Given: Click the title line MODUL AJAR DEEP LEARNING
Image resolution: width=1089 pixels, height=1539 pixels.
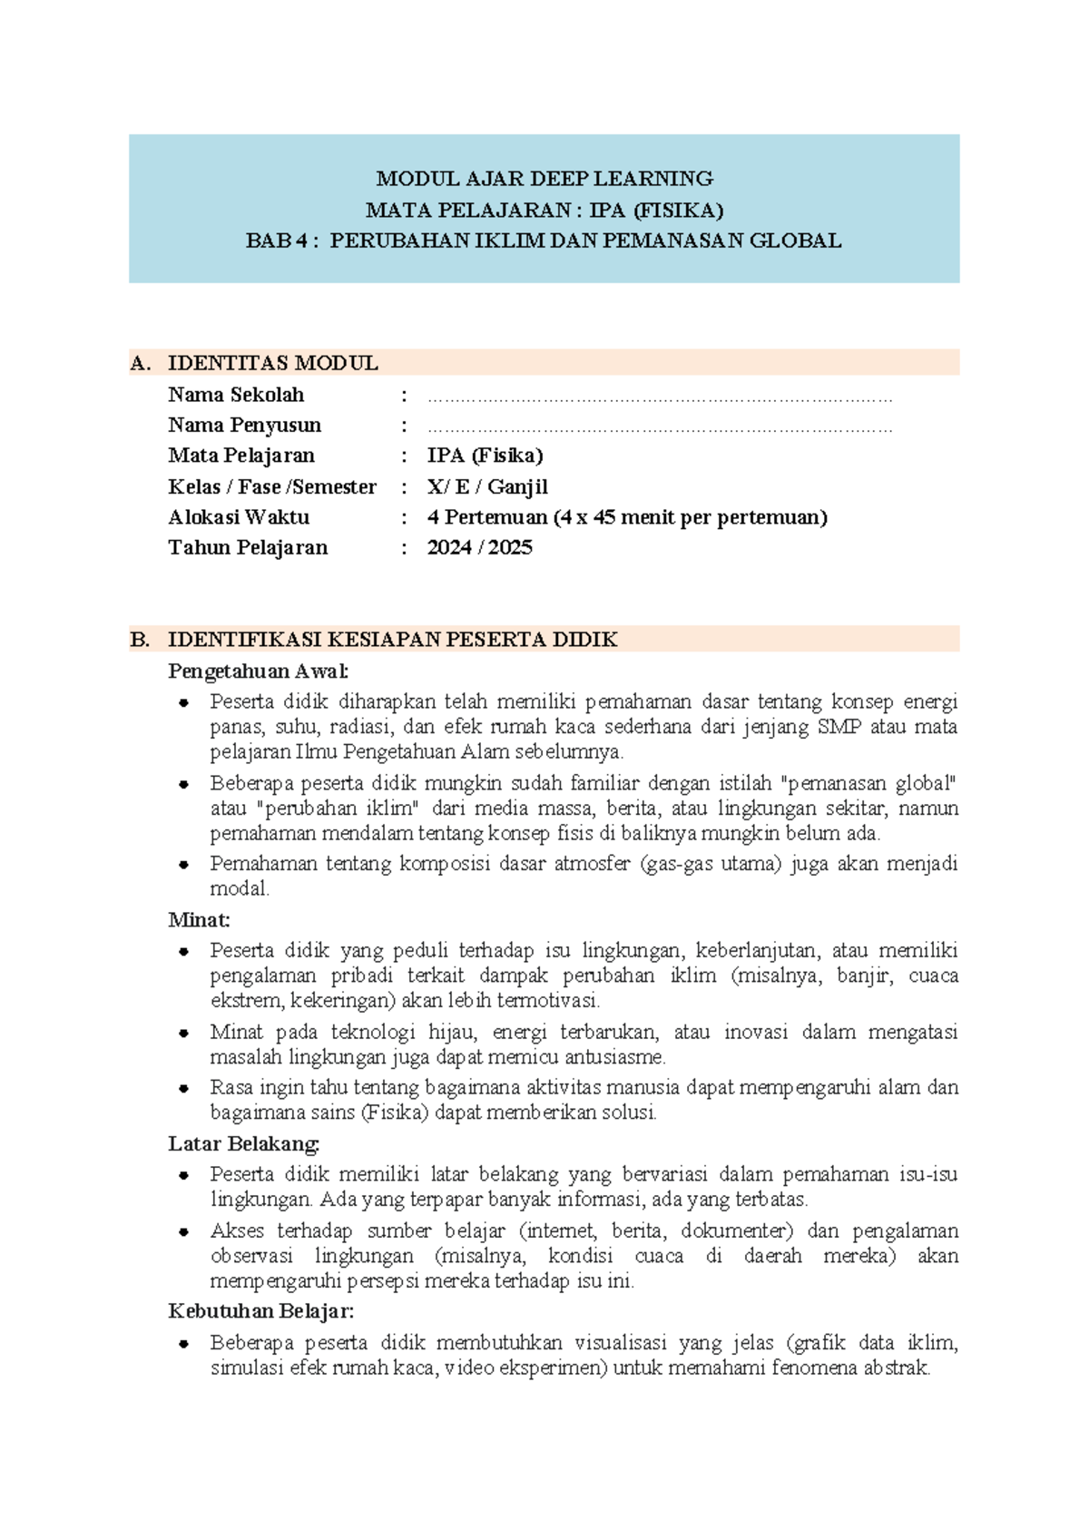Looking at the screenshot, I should pyautogui.click(x=544, y=179).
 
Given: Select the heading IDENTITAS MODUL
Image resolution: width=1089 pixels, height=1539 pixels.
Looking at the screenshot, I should pyautogui.click(x=272, y=363).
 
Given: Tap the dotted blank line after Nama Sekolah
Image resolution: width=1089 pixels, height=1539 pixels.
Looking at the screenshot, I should pyautogui.click(x=660, y=397).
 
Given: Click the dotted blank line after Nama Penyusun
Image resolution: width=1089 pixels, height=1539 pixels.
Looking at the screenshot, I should pyautogui.click(x=660, y=427).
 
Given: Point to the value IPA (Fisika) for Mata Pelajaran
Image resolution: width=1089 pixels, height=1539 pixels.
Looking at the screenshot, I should pyautogui.click(x=485, y=456).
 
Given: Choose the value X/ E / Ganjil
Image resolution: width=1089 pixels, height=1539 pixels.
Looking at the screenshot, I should pyautogui.click(x=487, y=486).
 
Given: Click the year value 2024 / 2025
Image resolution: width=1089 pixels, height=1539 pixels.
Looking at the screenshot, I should pyautogui.click(x=479, y=547).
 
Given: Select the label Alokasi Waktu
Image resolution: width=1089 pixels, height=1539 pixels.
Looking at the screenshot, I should pyautogui.click(x=239, y=517).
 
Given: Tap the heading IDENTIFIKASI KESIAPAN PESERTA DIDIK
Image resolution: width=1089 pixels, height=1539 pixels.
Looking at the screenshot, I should pyautogui.click(x=392, y=639).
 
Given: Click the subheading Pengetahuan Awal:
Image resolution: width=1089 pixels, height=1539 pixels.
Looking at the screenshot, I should pyautogui.click(x=258, y=671).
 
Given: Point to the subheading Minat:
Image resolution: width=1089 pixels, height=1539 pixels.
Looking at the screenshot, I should pyautogui.click(x=199, y=919).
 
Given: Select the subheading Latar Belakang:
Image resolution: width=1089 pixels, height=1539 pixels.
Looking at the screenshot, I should pyautogui.click(x=243, y=1143).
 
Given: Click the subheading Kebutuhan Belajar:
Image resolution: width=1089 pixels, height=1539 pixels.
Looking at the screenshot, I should pyautogui.click(x=260, y=1310).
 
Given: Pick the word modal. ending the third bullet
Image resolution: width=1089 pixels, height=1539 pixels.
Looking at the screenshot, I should pyautogui.click(x=240, y=888).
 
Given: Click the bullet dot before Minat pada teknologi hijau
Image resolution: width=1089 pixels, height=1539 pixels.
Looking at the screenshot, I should pyautogui.click(x=184, y=1033).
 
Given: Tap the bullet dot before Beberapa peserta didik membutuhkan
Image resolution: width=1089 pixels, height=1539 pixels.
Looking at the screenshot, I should pyautogui.click(x=184, y=1343).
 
